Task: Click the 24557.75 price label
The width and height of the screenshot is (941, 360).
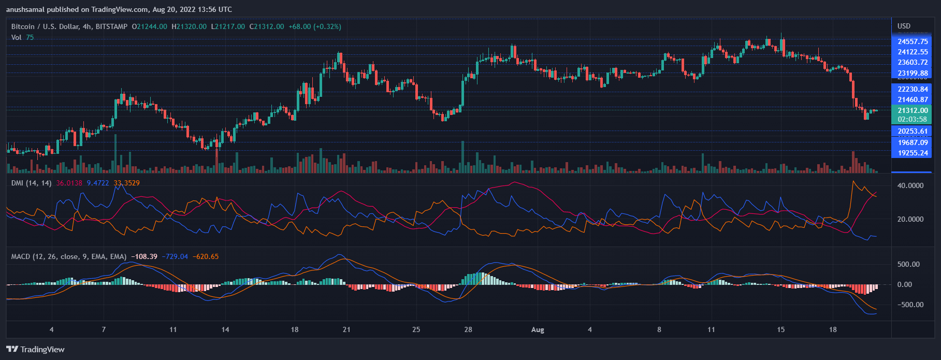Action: click(912, 42)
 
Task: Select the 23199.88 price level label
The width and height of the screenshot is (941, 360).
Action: click(912, 74)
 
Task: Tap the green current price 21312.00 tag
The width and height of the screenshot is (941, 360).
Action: click(912, 110)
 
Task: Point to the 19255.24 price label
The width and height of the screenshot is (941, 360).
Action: click(912, 153)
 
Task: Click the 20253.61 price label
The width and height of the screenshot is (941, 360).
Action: click(912, 132)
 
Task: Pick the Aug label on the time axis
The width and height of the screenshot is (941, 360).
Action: click(538, 330)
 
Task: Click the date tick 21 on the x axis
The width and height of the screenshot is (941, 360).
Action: click(346, 330)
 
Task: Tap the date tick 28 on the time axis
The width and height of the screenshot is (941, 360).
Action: click(468, 330)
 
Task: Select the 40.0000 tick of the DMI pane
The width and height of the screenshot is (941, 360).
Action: click(910, 186)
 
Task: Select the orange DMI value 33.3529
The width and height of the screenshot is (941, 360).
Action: click(126, 183)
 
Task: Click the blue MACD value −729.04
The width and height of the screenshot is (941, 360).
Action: click(175, 257)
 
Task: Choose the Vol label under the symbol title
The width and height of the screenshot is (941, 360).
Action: click(16, 38)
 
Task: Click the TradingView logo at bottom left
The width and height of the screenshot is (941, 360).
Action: click(35, 350)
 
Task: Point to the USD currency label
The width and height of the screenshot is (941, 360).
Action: click(904, 26)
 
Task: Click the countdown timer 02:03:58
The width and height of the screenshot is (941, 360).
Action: click(912, 120)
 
